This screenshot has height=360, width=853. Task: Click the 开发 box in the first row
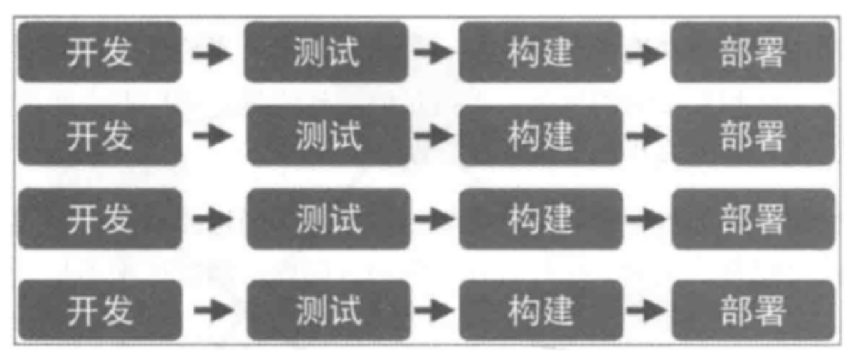100,52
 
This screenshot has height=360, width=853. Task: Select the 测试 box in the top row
326,52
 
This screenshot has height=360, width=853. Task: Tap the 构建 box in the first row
541,52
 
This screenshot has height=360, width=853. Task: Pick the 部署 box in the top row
753,52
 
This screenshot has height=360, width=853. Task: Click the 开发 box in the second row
100,135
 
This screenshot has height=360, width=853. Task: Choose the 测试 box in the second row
328,135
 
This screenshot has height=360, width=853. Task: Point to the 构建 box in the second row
541,135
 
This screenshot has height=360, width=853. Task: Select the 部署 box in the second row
753,135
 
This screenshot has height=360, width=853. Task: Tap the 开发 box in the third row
100,219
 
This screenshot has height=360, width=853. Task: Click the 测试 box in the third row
328,219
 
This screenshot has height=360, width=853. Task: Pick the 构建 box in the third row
541,219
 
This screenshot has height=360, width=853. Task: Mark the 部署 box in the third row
753,219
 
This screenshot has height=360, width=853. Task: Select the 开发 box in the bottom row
100,310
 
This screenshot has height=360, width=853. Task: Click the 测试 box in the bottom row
328,310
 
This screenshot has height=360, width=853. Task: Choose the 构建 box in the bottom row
541,310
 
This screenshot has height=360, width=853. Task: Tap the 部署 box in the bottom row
753,310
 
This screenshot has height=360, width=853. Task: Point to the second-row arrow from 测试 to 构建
433,135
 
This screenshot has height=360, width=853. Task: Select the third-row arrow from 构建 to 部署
646,219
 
